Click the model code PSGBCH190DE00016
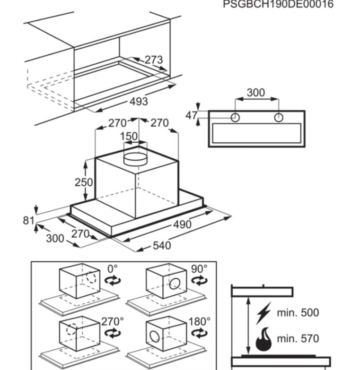click(x=278, y=4)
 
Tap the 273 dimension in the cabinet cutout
click(x=154, y=60)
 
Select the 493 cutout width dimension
click(x=139, y=102)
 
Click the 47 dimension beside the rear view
click(x=191, y=115)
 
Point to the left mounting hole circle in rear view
click(x=235, y=118)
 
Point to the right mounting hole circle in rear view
click(x=279, y=118)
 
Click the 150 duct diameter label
click(x=129, y=136)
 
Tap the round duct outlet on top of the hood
click(x=135, y=159)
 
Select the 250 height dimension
click(x=84, y=182)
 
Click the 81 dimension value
click(x=28, y=220)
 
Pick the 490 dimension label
click(x=182, y=224)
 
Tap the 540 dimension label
click(x=162, y=245)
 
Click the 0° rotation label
click(x=112, y=268)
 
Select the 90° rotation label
click(x=199, y=268)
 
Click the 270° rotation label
click(x=113, y=321)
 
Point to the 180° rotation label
click(x=199, y=321)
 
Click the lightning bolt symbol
click(x=264, y=313)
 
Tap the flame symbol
click(x=263, y=339)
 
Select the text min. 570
click(x=298, y=339)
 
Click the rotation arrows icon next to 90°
click(x=199, y=281)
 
